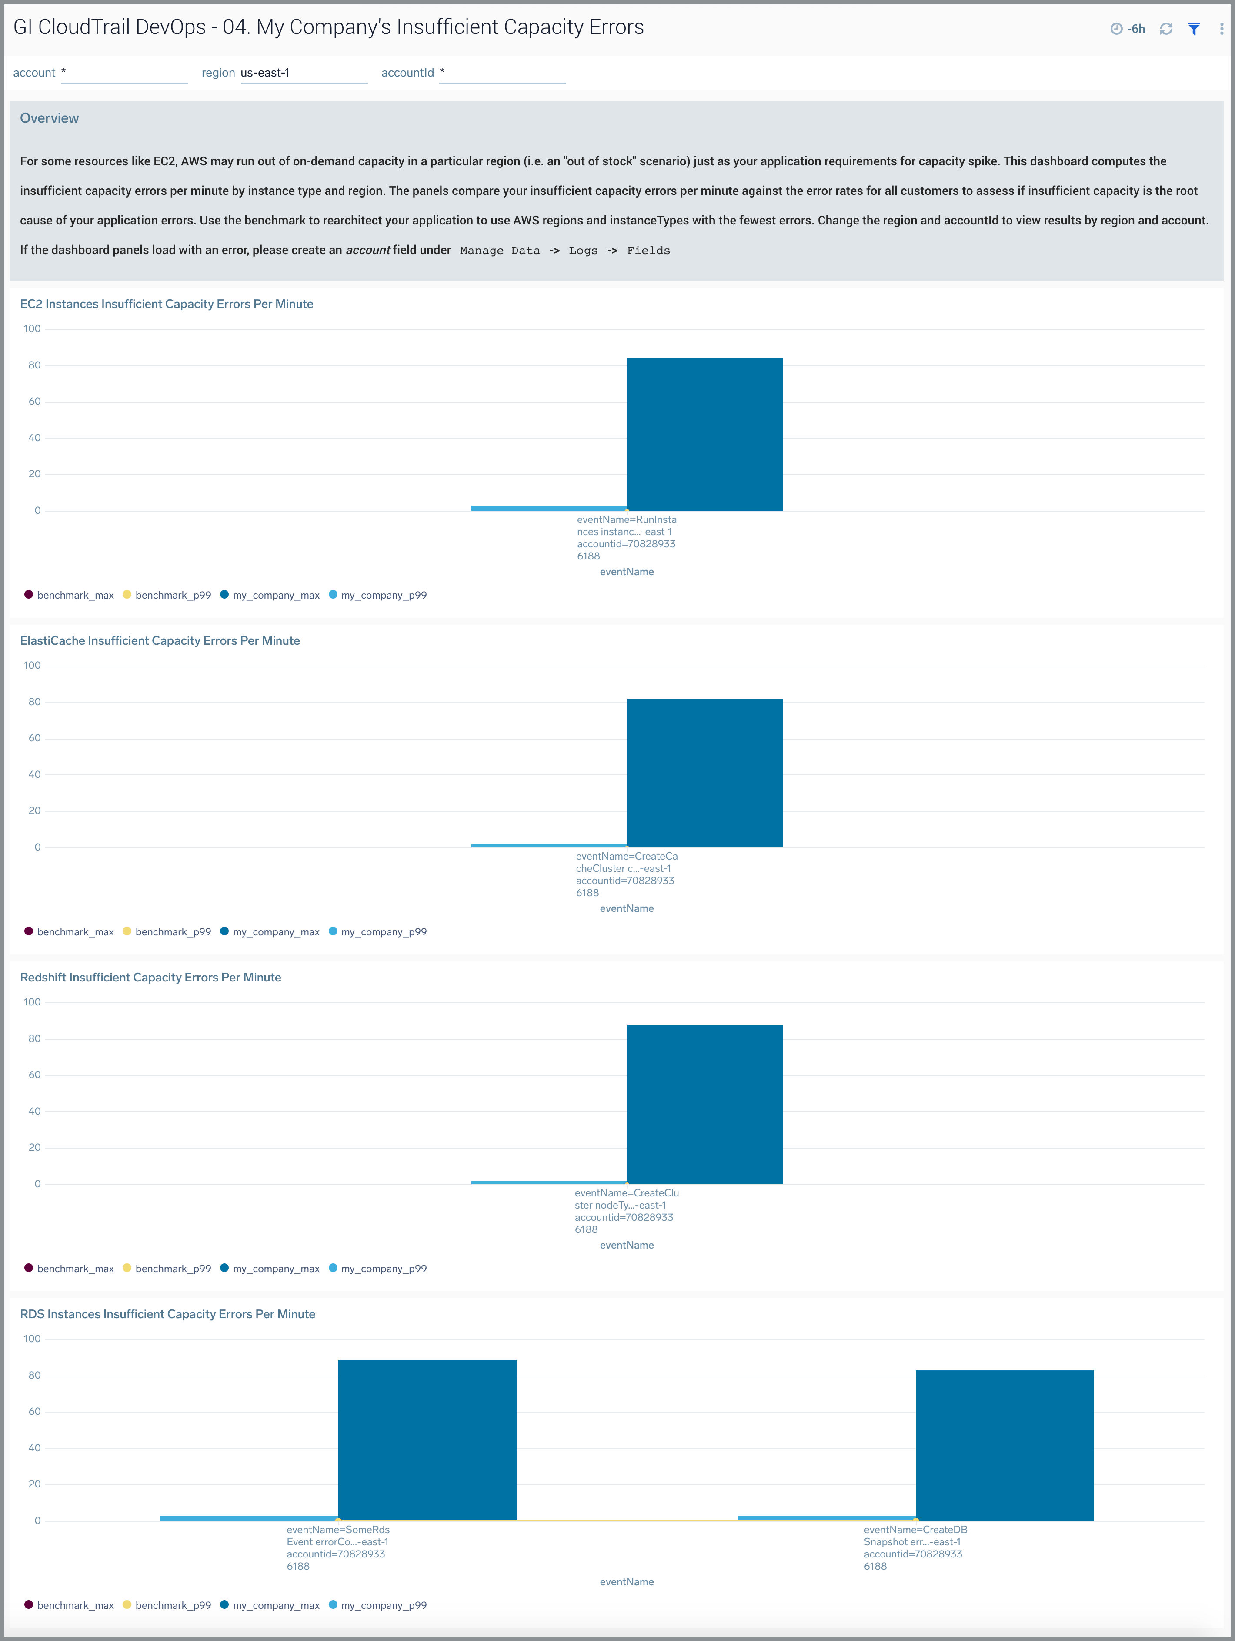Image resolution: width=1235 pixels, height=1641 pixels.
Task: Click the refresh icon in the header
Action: tap(1166, 29)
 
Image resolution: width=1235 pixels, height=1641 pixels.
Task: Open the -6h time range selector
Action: tap(1128, 29)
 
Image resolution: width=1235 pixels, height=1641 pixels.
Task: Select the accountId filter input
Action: tap(502, 73)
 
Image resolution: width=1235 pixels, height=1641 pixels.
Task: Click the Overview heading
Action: tap(49, 118)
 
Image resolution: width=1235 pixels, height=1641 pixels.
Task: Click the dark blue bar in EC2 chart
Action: tap(704, 435)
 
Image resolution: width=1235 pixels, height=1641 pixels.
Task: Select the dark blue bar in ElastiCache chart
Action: tap(704, 773)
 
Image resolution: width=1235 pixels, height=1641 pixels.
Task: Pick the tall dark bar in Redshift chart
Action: tap(704, 1104)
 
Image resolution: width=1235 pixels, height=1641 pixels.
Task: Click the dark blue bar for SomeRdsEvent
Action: tap(427, 1439)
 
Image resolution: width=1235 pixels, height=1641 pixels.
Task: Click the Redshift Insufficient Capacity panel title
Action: tap(150, 977)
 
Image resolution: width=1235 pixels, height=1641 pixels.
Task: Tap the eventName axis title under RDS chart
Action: tap(627, 1582)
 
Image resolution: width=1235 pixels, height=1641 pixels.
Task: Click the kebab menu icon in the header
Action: tap(1221, 29)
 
